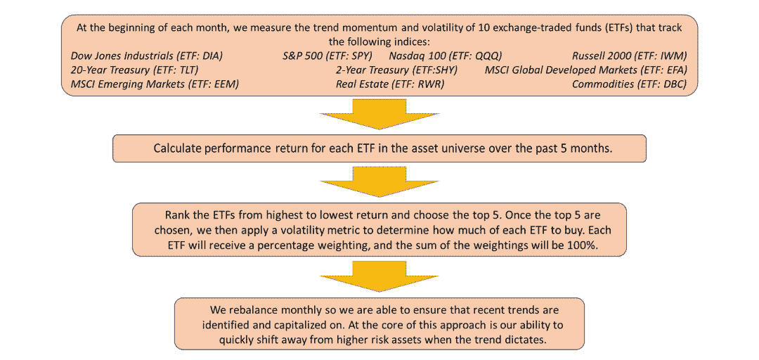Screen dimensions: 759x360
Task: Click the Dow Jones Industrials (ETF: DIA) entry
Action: [x=147, y=56]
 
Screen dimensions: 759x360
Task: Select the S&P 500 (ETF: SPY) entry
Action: [x=327, y=56]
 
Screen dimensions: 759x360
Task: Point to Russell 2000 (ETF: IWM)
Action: [x=630, y=56]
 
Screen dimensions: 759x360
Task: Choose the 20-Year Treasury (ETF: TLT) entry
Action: [x=134, y=70]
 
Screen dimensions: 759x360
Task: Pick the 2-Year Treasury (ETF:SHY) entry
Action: [x=397, y=70]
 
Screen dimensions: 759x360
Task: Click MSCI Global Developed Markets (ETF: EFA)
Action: [x=586, y=70]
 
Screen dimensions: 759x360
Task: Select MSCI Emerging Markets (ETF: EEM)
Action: [x=155, y=84]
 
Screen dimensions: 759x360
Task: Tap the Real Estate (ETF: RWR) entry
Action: [x=390, y=84]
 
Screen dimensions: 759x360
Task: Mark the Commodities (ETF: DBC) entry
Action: [x=630, y=84]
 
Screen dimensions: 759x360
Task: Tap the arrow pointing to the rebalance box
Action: [x=379, y=280]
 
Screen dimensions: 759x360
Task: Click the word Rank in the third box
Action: [x=175, y=214]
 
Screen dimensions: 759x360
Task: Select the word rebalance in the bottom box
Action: [x=249, y=309]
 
